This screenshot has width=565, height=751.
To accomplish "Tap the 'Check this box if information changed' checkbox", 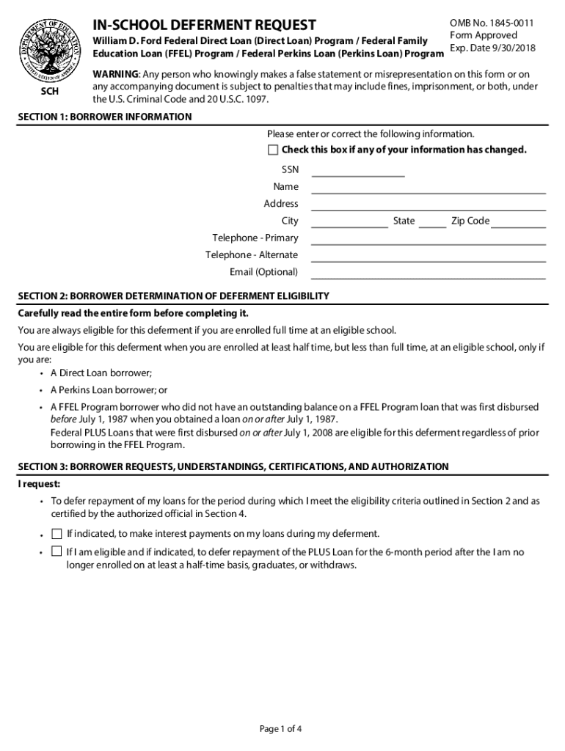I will [273, 150].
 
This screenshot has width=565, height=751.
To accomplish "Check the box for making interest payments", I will [56, 534].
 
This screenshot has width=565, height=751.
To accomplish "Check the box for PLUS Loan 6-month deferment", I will [56, 552].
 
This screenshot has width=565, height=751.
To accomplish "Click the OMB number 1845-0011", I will [492, 23].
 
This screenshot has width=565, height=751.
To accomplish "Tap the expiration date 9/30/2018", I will [508, 48].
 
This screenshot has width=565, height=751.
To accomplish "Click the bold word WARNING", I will [114, 74].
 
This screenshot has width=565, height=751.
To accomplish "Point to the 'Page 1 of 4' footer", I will [281, 729].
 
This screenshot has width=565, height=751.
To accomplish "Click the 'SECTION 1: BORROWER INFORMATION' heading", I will [105, 117].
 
